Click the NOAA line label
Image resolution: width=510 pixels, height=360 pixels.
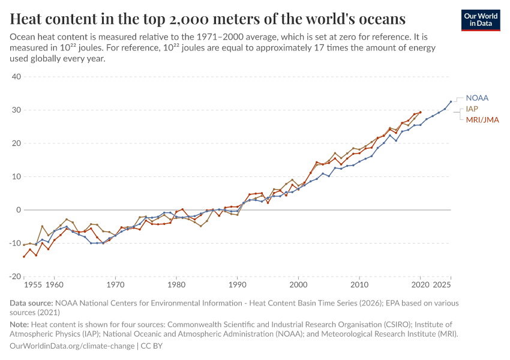(477, 98)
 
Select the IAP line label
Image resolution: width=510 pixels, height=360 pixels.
(472, 109)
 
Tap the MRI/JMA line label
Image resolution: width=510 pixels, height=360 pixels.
(482, 120)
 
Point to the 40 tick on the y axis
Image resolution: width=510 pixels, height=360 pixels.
(16, 77)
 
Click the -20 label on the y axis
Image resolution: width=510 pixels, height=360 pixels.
(14, 277)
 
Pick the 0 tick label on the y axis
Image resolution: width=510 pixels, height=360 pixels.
(19, 210)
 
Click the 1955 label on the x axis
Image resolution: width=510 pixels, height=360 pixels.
(33, 284)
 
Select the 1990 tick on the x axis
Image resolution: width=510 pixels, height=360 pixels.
(238, 284)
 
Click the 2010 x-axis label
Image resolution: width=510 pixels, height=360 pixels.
(359, 284)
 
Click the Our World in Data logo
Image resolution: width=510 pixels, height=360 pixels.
(481, 19)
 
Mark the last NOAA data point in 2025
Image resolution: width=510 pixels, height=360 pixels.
(451, 101)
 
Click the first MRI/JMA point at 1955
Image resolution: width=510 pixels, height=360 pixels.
(24, 257)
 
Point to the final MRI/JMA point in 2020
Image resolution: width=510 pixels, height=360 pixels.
(420, 112)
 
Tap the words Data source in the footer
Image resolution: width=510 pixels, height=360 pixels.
(31, 304)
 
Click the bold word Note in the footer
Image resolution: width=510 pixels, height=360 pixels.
(20, 325)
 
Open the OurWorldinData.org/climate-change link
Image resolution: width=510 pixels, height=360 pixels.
(73, 346)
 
